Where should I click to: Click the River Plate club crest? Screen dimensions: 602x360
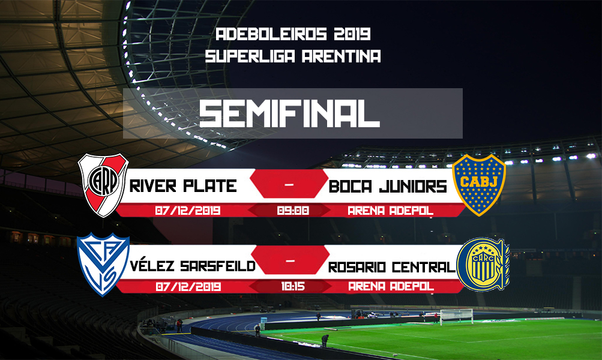(103, 185)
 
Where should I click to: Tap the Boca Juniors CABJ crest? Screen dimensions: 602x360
(479, 185)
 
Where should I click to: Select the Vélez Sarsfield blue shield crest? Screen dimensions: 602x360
(103, 264)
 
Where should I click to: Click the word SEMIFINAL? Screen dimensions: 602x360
(289, 113)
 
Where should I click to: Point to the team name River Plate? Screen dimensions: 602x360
(183, 186)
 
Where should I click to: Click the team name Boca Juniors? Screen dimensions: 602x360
(388, 187)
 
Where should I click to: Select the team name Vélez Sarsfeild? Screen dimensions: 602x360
(193, 266)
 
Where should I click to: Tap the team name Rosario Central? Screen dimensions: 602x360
(391, 267)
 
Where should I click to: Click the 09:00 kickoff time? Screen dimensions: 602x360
(293, 211)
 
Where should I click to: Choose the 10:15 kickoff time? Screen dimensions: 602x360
(293, 286)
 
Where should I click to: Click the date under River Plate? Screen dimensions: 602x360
(188, 211)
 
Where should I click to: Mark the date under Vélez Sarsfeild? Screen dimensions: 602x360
(188, 286)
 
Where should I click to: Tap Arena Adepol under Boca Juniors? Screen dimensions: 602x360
(391, 211)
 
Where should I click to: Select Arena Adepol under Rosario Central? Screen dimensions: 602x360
(391, 286)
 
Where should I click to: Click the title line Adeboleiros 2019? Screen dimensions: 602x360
(293, 34)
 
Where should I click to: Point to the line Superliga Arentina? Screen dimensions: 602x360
(293, 56)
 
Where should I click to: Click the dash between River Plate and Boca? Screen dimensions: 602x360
(289, 185)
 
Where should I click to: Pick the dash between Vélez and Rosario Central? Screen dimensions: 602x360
(290, 261)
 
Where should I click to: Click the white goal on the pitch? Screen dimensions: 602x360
(457, 316)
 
